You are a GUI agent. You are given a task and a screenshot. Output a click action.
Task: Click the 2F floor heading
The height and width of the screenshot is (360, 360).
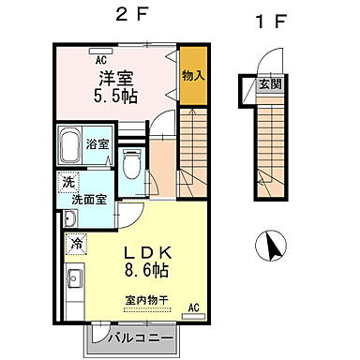click(129, 16)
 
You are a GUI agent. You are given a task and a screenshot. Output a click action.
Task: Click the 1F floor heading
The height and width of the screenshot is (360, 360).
click(272, 21)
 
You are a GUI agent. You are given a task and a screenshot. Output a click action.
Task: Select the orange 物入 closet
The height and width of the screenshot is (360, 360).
click(193, 71)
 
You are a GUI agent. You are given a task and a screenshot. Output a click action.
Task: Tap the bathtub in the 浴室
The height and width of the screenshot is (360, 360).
click(69, 145)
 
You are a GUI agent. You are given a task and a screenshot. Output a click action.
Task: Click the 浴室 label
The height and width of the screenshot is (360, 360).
click(97, 145)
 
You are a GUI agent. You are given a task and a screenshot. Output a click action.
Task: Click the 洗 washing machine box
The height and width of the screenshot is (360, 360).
click(68, 183)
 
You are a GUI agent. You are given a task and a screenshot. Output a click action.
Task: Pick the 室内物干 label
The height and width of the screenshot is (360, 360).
click(143, 299)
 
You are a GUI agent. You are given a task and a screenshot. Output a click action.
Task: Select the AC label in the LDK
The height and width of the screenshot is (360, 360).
click(194, 307)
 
